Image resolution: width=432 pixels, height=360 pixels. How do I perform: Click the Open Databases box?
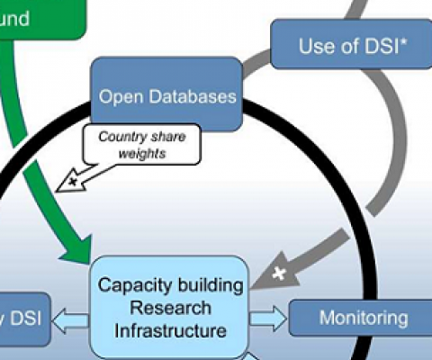coord(166,95)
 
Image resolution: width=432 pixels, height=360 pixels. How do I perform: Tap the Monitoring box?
coord(363,318)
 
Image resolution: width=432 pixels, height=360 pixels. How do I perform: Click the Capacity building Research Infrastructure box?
coord(170,308)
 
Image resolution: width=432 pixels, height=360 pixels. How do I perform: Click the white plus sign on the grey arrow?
coord(280,272)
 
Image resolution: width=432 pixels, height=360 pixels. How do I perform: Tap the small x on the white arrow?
coord(67,183)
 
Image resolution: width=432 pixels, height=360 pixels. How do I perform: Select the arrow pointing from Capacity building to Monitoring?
coord(267,317)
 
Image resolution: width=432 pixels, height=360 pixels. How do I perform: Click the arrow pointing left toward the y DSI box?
coord(72,317)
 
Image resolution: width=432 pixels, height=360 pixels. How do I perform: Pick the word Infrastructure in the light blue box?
coord(170,329)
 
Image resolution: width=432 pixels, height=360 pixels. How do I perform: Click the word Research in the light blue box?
coord(170,308)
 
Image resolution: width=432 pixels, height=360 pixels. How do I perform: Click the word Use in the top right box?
coord(315,46)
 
